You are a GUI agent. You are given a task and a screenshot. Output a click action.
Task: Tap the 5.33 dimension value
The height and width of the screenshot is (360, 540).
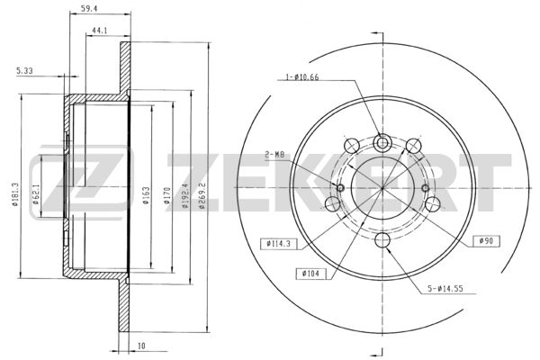coord(25,70)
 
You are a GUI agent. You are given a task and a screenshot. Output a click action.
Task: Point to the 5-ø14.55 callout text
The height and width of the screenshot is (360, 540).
coord(446,288)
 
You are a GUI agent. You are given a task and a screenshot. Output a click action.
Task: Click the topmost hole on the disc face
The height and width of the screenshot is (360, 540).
coord(382,140)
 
